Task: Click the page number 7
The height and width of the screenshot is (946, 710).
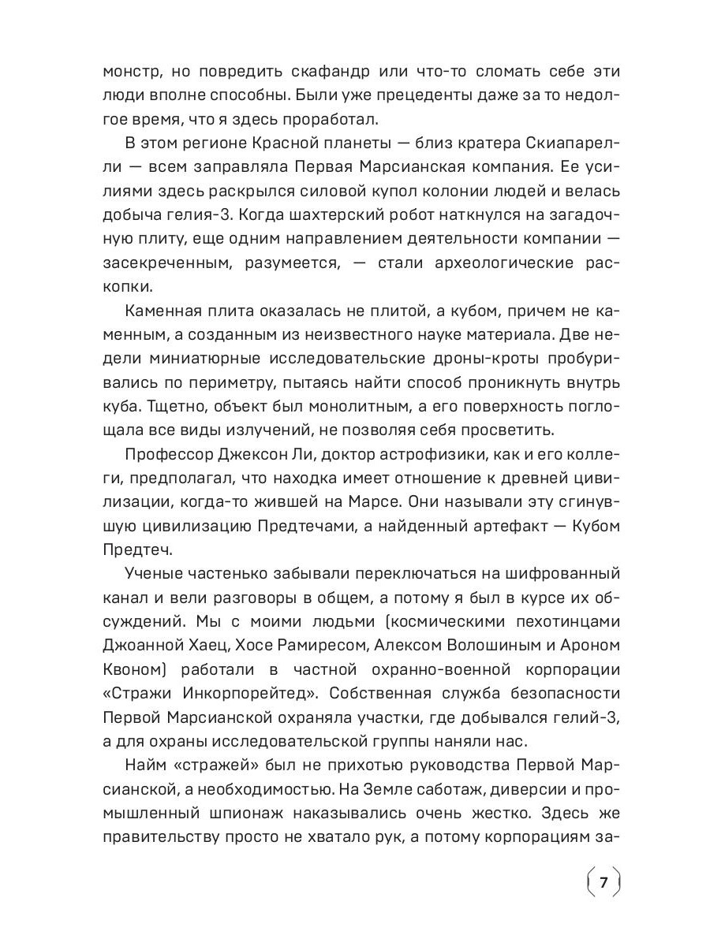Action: point(603,881)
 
